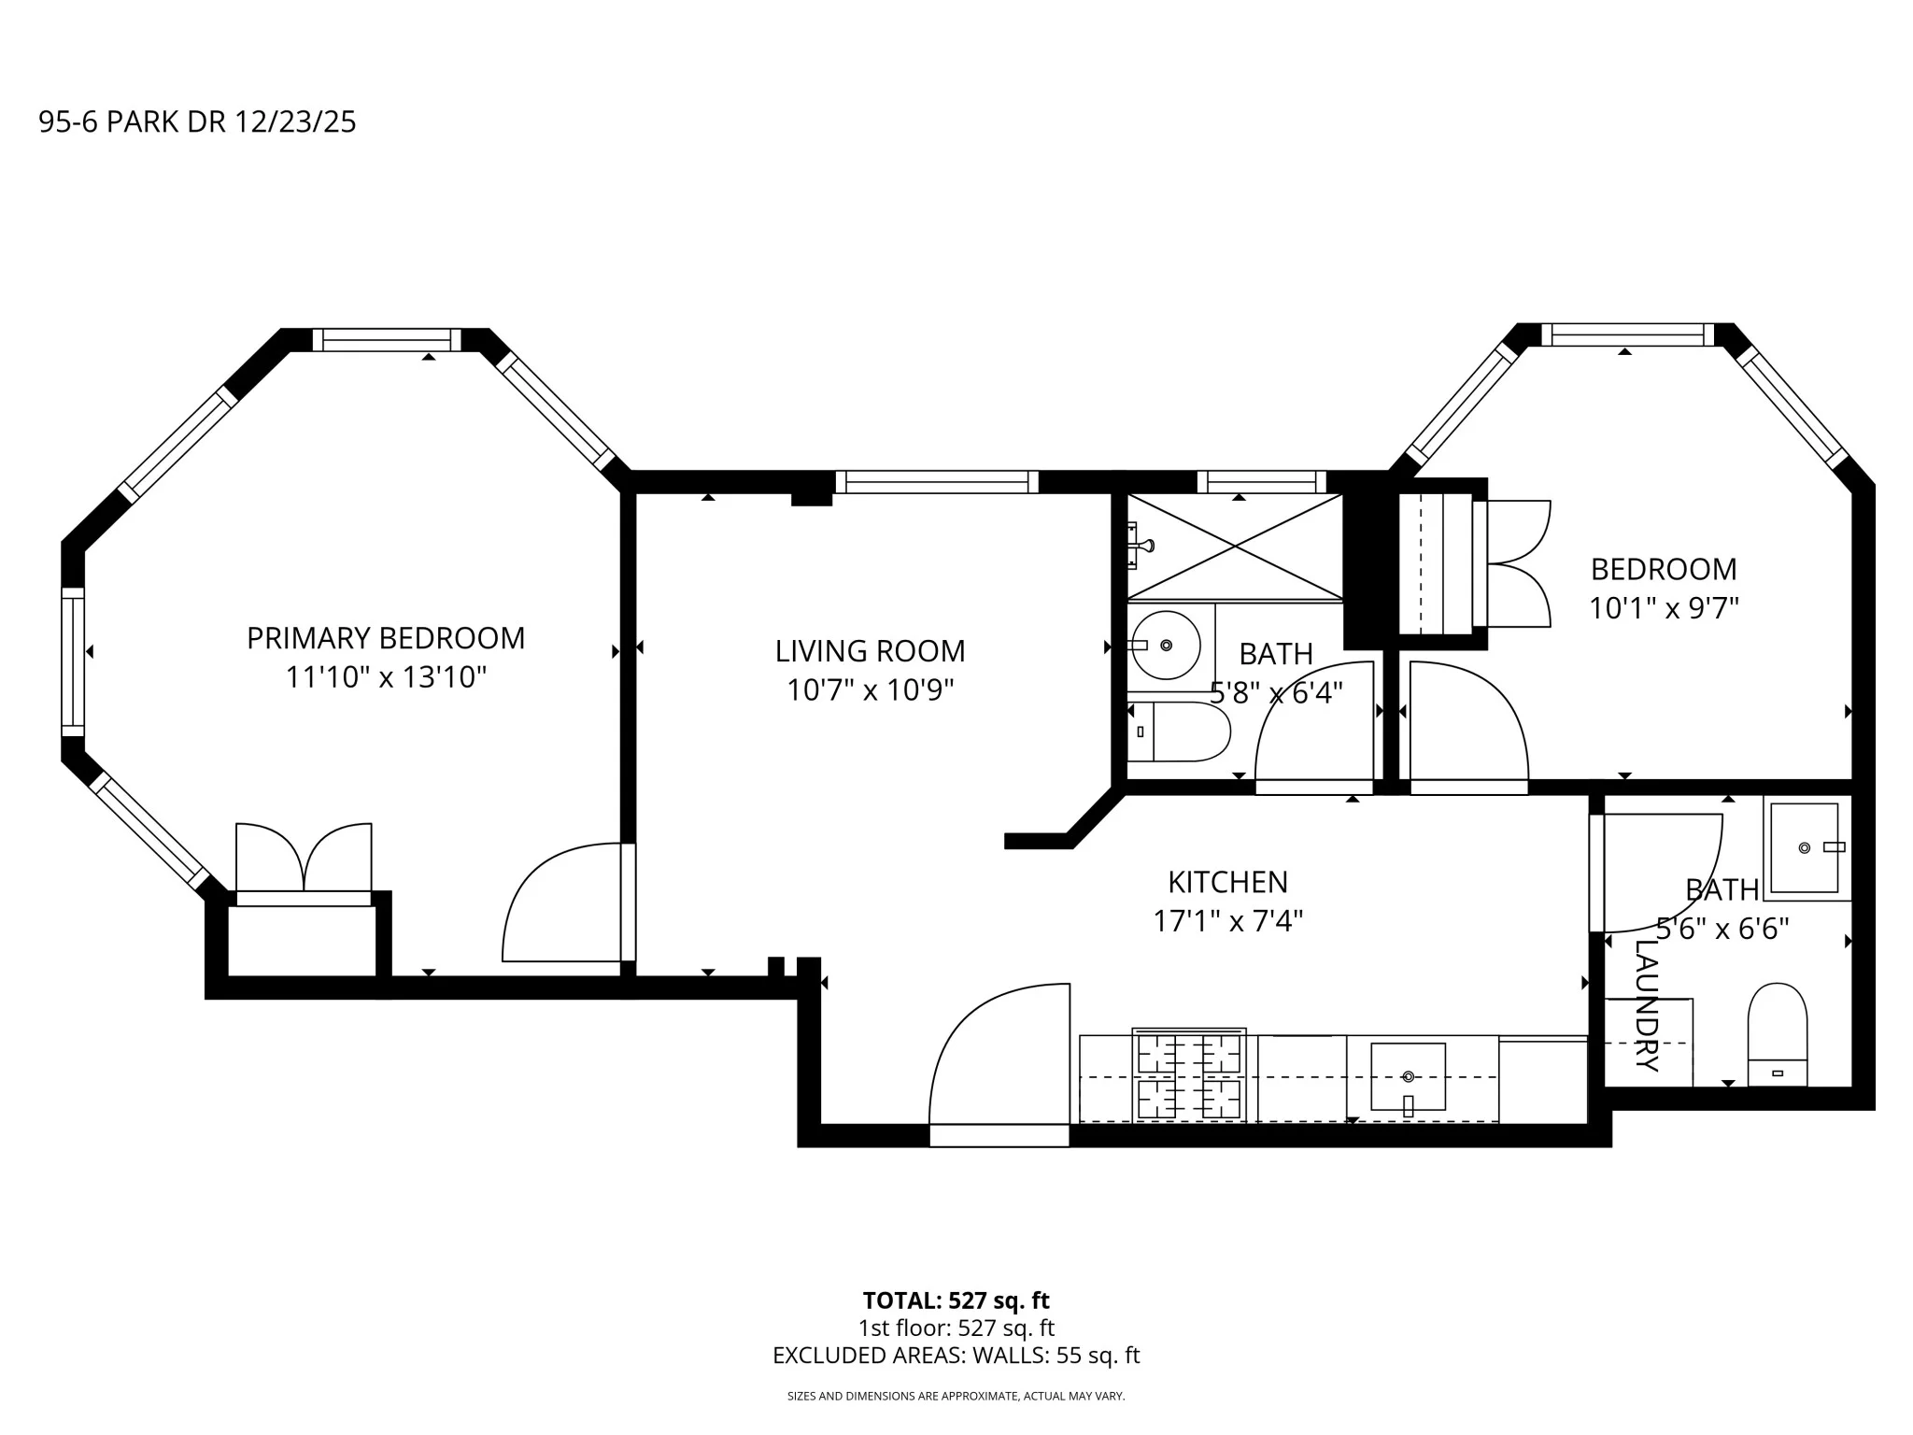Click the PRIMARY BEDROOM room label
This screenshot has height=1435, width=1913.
386,638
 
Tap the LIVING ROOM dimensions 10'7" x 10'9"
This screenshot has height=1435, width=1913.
870,690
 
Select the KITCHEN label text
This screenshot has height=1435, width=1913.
1227,882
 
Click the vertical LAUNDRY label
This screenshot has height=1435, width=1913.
1647,1005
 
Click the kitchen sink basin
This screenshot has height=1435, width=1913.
1408,1076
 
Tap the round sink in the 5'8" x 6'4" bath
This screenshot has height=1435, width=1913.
1165,645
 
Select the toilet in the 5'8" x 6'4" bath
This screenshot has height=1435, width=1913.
1180,732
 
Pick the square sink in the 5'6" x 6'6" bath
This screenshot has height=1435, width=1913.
1805,846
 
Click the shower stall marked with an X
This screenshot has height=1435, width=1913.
1235,546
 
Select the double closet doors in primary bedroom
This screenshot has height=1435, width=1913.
304,858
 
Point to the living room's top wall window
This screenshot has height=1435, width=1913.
937,482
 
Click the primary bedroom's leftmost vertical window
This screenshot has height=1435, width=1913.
73,658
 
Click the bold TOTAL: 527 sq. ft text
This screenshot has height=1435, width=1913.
956,1300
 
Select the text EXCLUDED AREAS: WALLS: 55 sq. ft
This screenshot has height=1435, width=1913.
956,1356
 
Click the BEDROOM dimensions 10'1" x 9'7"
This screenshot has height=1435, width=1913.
1664,609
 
